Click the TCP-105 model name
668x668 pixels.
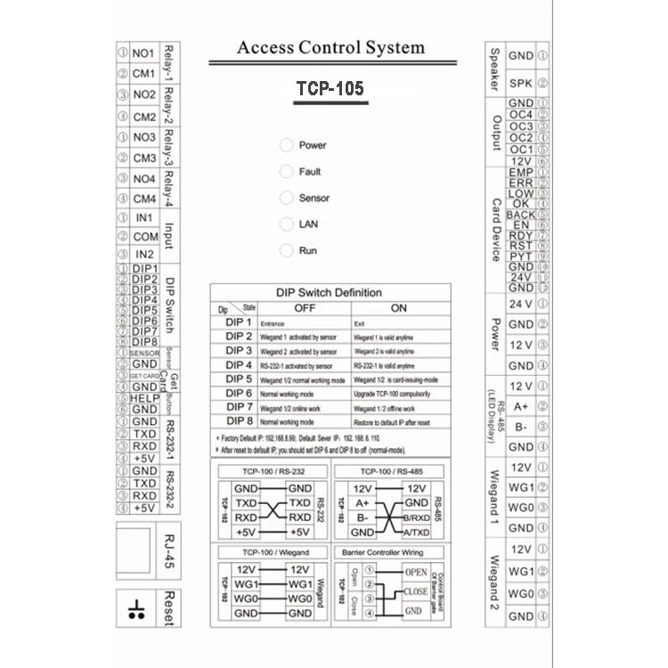pos(330,89)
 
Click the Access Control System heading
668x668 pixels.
pos(330,48)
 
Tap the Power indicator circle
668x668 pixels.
pos(286,145)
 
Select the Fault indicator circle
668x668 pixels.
pos(286,171)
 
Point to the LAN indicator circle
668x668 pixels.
pos(286,224)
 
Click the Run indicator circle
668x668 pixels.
pos(286,250)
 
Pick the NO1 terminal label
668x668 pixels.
pos(143,53)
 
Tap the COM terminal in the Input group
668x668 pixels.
pos(144,237)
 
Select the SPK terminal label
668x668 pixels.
pos(520,84)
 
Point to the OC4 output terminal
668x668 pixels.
pos(520,115)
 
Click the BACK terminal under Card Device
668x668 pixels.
pos(520,215)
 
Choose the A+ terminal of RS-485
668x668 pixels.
pos(520,406)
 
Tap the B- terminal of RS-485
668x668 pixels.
pos(520,427)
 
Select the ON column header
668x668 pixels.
pos(398,308)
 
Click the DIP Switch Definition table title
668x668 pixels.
pos(330,292)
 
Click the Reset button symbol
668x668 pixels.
pos(136,609)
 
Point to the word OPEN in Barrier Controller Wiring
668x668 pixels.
pos(416,572)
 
